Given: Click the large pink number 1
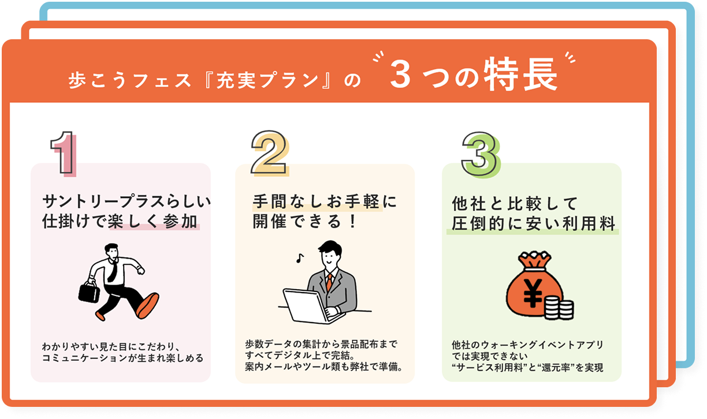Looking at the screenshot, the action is tap(64, 154).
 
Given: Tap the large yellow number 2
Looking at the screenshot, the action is tap(270, 153).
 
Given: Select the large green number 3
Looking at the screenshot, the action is tap(481, 155).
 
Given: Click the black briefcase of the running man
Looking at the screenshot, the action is tap(89, 291).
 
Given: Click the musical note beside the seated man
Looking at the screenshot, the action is tap(300, 258).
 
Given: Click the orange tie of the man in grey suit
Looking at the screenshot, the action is tap(329, 282).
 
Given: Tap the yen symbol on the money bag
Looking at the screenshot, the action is tap(533, 293).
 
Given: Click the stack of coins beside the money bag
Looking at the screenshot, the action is tap(559, 308).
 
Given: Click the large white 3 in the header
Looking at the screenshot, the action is tap(400, 74).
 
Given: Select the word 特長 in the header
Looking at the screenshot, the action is tap(521, 74).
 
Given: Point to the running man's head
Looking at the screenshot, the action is tap(111, 250).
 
